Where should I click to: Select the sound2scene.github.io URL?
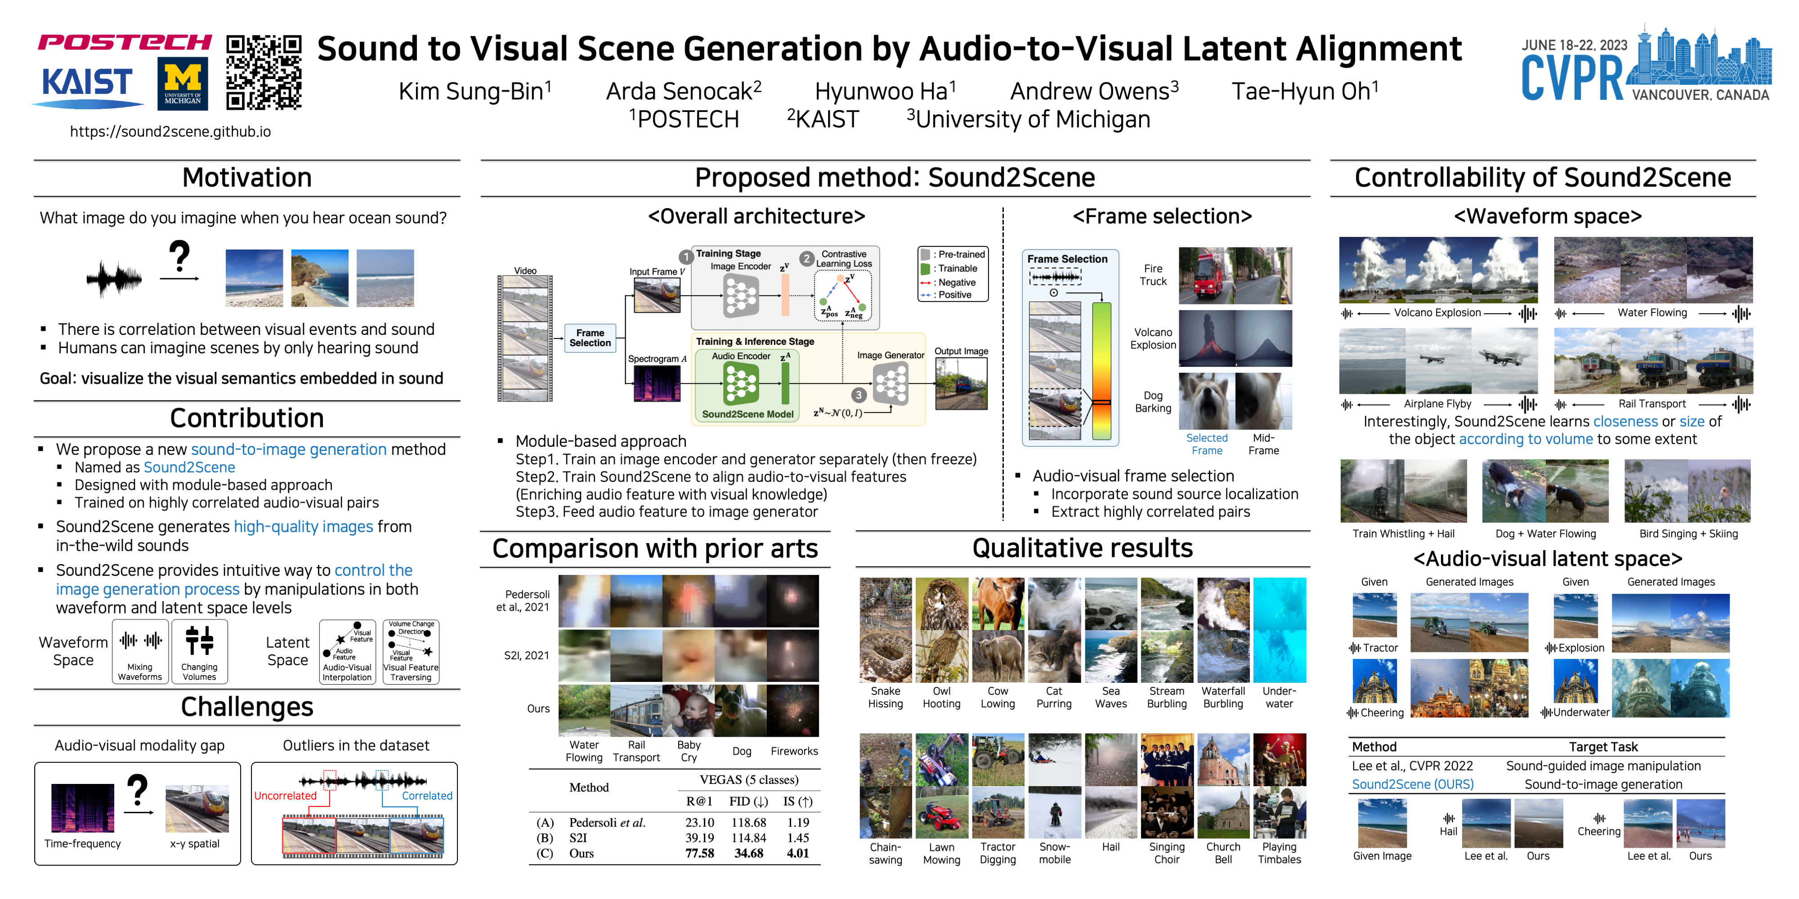170,132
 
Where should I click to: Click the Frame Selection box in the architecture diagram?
590,338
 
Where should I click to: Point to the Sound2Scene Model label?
747,414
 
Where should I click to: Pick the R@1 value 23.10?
699,822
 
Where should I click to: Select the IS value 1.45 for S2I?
797,837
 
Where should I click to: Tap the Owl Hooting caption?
941,697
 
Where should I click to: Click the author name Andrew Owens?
1094,91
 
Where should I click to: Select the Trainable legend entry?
957,269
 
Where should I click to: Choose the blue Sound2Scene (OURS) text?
1412,784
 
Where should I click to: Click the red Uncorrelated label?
285,796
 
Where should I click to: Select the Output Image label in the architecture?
961,351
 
